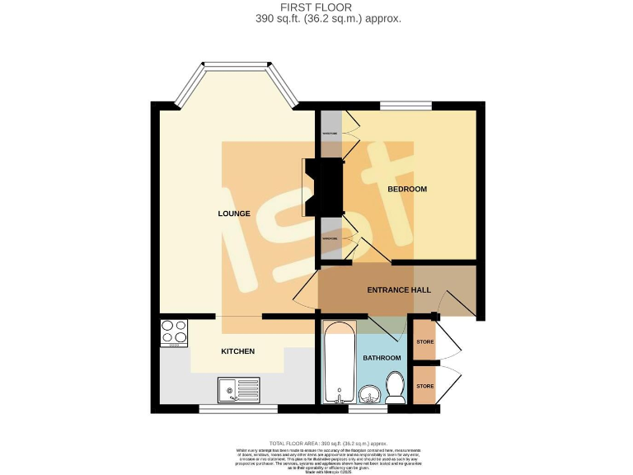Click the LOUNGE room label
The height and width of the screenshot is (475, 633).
coord(234,214)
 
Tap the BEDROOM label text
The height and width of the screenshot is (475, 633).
coord(407,189)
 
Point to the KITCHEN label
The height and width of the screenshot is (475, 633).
coord(237,351)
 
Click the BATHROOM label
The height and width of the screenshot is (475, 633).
coord(382,358)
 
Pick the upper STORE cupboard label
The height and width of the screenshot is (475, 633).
coord(424,341)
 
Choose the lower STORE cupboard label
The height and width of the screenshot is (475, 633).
coord(424,385)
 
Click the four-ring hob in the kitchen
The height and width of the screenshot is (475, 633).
coord(175,333)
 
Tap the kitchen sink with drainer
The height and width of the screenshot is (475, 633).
coord(239,388)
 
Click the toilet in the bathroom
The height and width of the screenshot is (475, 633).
coord(396,386)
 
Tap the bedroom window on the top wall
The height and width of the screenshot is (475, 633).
coord(406,106)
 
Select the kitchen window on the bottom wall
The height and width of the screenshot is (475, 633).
coord(227,408)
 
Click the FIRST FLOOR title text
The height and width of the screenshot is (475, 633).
coord(316,7)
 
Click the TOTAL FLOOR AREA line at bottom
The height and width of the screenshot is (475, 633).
coord(316,442)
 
